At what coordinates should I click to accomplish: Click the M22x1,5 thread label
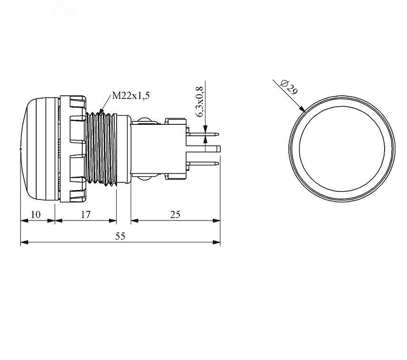[x=131, y=96]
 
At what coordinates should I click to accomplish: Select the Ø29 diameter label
[x=290, y=87]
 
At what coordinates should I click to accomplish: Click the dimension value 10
[x=36, y=215]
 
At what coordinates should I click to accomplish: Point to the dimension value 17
[x=85, y=215]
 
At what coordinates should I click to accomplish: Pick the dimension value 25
[x=175, y=215]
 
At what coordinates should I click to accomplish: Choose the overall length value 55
[x=120, y=236]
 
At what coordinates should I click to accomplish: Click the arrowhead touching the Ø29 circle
[x=302, y=109]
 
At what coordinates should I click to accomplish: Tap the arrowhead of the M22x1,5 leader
[x=102, y=111]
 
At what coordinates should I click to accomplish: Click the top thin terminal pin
[x=203, y=134]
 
